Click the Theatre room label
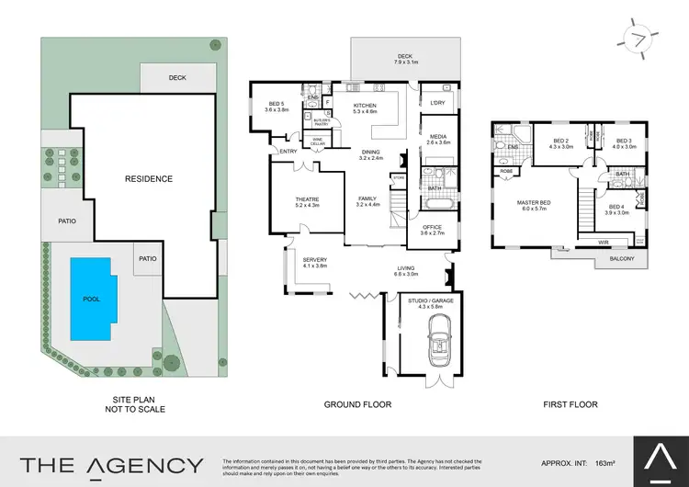coord(295,201)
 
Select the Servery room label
coord(315,262)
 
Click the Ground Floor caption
coord(358,403)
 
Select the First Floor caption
coord(570,403)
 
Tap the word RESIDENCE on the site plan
coord(148,178)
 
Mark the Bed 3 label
coord(625,143)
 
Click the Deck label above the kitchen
coord(405,58)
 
